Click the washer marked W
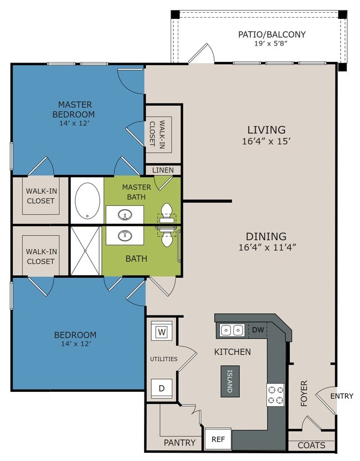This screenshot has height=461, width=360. [162, 331]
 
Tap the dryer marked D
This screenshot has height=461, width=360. [162, 389]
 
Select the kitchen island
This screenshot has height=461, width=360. [230, 381]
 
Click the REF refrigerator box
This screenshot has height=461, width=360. [218, 439]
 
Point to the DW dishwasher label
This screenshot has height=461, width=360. [258, 330]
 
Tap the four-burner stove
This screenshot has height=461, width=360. [276, 395]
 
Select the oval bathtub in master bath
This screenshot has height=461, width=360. [87, 200]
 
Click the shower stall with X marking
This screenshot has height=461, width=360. [85, 251]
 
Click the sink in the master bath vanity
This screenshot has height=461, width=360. [125, 215]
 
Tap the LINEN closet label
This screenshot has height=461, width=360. [163, 170]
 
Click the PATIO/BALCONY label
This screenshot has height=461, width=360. [272, 34]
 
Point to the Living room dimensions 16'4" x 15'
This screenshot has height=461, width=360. [266, 142]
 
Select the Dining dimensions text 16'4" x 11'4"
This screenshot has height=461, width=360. [267, 247]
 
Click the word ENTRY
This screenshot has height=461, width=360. [342, 396]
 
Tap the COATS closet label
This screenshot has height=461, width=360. [311, 445]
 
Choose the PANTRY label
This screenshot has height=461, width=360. [179, 443]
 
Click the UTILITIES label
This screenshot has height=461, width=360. [164, 359]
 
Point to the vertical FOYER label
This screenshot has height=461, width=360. [304, 393]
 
